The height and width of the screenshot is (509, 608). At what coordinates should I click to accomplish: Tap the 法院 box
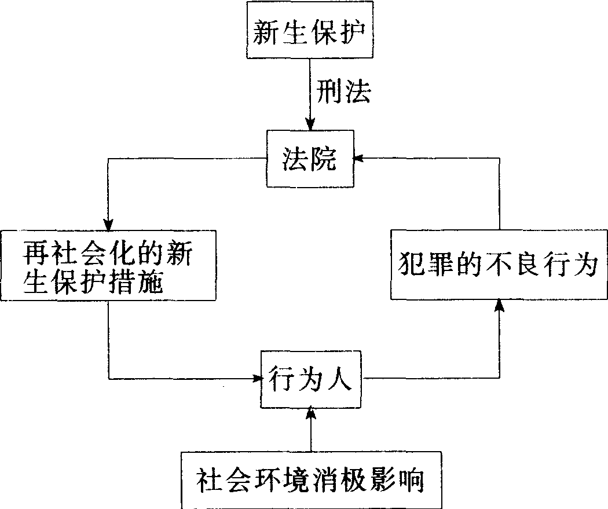309,158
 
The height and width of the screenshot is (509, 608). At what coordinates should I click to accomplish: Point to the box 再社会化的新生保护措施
108,265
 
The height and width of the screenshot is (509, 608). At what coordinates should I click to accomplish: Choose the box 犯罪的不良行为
498,264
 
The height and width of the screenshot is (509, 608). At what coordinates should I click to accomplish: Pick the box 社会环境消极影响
312,480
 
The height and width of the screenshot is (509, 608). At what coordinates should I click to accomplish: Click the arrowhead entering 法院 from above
310,124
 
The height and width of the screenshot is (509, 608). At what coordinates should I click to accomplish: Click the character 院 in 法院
323,159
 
